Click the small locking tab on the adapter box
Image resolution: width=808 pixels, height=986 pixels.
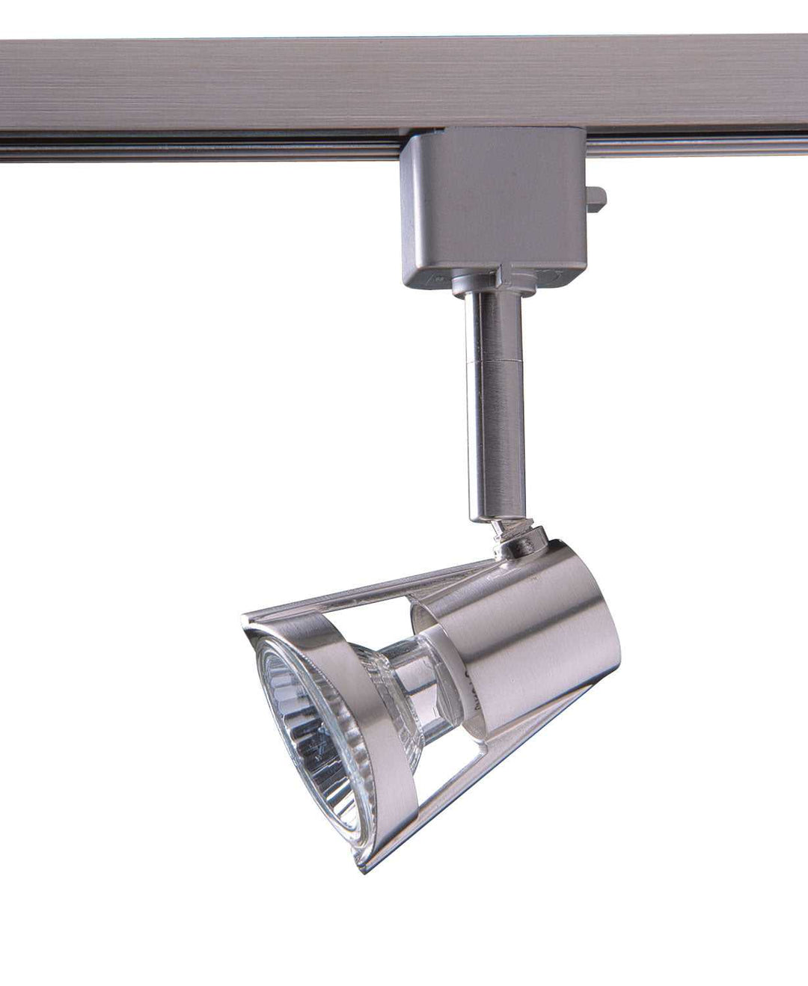coord(596,199)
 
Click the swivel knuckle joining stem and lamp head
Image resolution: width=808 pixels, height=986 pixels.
coord(516,541)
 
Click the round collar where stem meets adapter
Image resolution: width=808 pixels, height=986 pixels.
coord(490,283)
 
